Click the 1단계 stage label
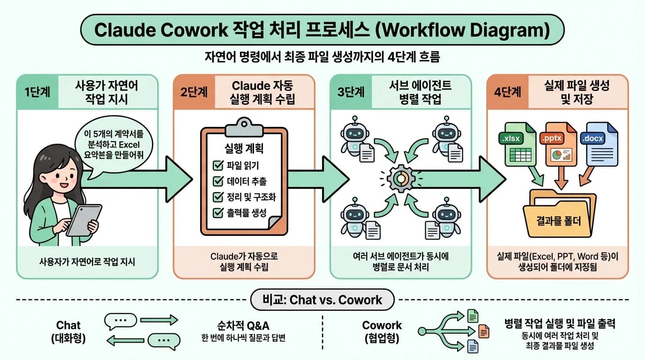37,92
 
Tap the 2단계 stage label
194,92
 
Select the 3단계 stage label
351,92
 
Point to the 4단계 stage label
508,92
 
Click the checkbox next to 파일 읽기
218,165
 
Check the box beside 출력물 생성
218,213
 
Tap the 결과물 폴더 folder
560,216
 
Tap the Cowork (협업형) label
382,331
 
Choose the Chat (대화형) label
68,331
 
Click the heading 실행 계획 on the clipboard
244,150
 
